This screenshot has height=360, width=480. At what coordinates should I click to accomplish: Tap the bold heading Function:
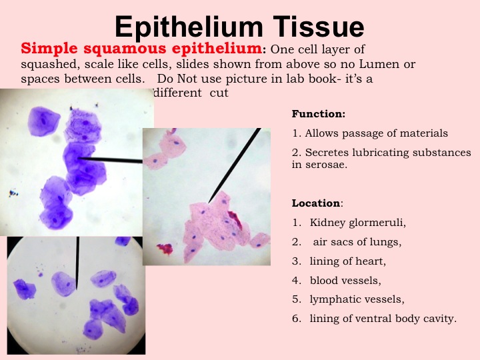click(x=319, y=114)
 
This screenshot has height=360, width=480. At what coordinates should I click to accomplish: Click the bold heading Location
click(x=315, y=203)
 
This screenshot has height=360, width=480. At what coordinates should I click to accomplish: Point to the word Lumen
click(x=379, y=64)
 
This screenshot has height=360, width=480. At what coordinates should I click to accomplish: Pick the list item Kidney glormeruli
click(x=357, y=223)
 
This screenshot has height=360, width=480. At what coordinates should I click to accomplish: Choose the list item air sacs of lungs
click(x=357, y=242)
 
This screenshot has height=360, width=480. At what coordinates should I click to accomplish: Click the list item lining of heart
click(x=347, y=261)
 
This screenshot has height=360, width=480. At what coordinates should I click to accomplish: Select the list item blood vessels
click(x=345, y=281)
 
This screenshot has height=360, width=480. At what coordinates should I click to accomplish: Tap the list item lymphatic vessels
click(x=357, y=299)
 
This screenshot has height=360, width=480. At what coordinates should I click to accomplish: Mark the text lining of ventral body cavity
click(x=383, y=319)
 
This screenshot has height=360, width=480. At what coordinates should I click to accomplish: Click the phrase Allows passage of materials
click(x=376, y=133)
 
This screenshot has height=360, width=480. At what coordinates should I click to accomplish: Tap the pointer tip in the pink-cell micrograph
click(x=209, y=203)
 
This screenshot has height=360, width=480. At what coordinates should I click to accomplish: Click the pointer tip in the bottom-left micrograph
click(x=76, y=289)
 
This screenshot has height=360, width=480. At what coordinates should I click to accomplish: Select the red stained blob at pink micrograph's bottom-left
click(x=165, y=249)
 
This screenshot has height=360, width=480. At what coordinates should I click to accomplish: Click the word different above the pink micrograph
click(x=178, y=93)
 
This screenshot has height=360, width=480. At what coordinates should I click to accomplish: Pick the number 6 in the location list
click(x=296, y=319)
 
